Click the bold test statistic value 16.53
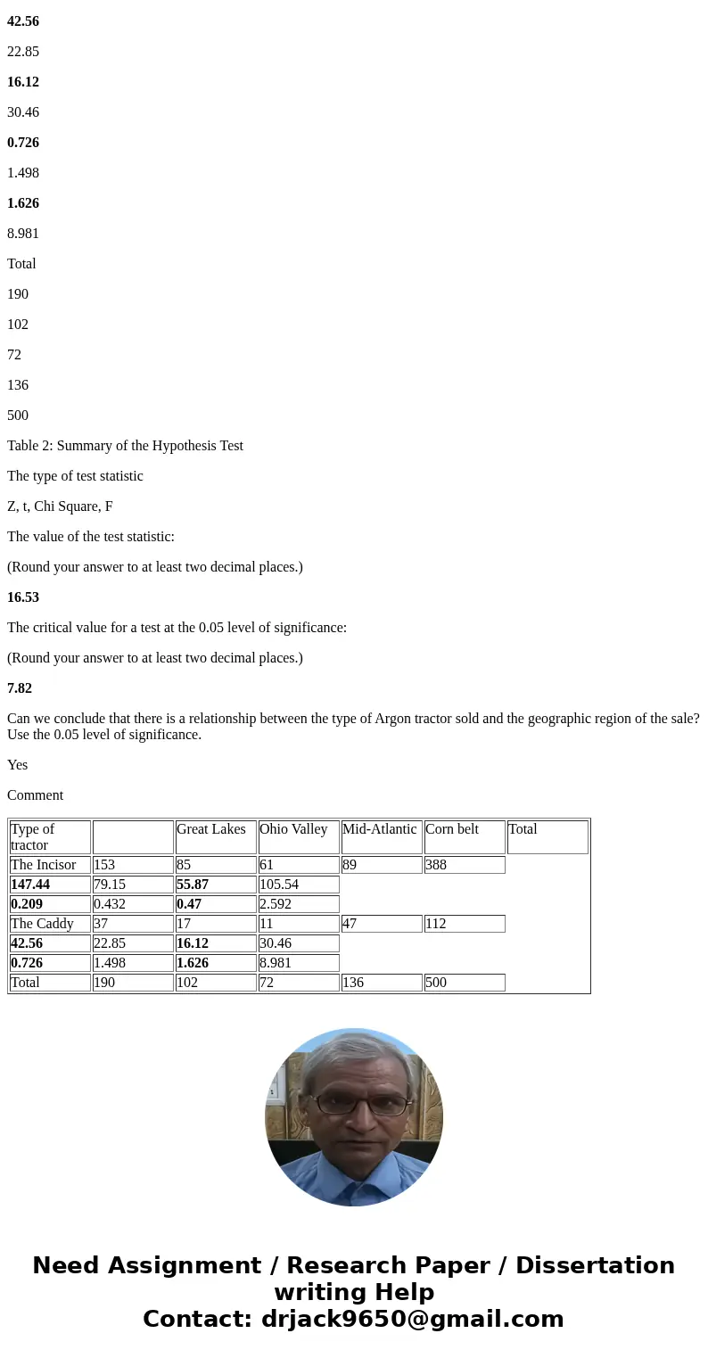22,597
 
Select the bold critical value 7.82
19,688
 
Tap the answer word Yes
17,765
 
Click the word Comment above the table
35,795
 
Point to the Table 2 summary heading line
125,446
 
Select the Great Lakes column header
211,829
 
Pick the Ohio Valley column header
293,829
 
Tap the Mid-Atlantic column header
379,829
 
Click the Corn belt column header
452,829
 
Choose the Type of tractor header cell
33,836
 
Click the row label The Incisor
44,865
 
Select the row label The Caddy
42,924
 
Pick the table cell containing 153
104,865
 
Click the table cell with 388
437,865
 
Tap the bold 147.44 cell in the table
32,885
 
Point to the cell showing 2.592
276,904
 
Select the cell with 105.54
279,885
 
